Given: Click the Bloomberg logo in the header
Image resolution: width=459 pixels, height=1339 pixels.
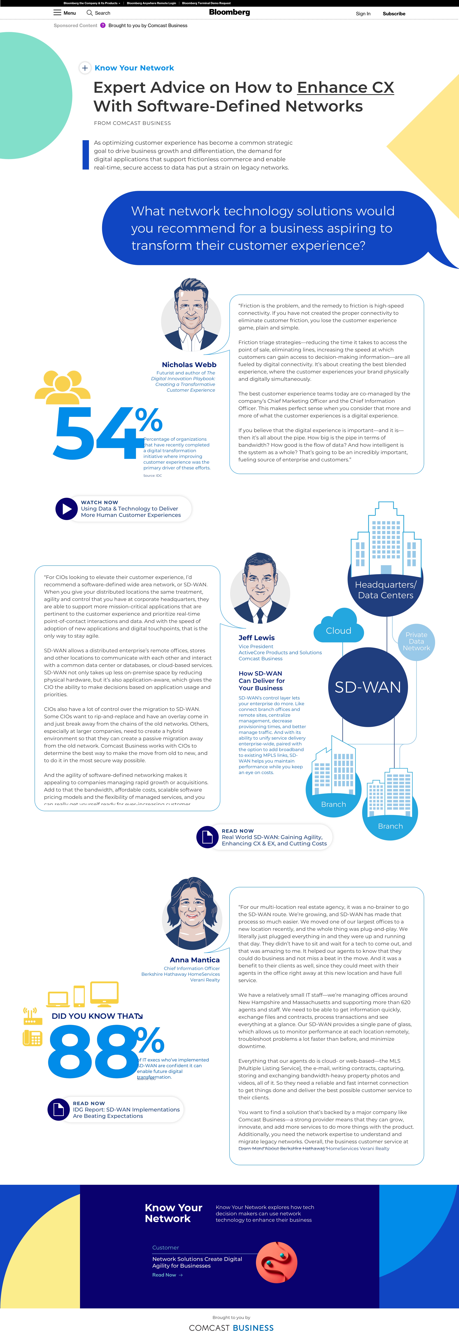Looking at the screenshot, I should pos(229,12).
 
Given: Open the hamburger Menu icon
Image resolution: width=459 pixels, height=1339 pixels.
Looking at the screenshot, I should pos(57,12).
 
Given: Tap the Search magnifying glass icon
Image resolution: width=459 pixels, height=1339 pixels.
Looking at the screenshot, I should pos(89,12).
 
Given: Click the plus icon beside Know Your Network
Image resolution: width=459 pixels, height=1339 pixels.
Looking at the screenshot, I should pos(85,68).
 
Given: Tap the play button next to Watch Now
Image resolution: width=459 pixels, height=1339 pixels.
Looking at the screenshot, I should pos(66,509).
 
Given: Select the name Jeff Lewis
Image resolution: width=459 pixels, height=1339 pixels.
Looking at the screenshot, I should pos(256,638).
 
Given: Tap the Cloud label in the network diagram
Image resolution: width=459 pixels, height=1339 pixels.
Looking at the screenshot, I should pos(338,630).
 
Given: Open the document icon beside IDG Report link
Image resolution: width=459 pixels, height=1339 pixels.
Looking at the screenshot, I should pos(59,1109).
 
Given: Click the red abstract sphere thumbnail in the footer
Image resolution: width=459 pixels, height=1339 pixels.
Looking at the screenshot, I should pos(277,1262).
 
